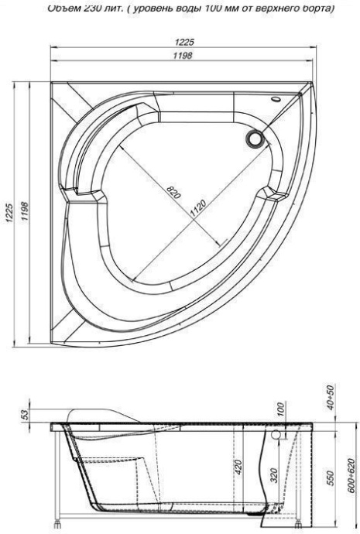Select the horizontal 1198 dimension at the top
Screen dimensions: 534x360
(183, 56)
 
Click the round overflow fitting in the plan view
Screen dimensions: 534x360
(253, 139)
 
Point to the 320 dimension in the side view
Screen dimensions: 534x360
(274, 474)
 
